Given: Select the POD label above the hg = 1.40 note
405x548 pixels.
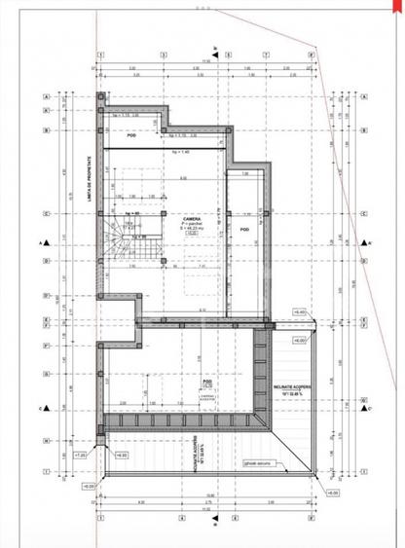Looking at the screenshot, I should [x=131, y=134].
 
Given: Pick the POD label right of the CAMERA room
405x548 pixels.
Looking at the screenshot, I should [x=244, y=227].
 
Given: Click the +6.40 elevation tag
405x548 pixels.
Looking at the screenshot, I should [x=299, y=311].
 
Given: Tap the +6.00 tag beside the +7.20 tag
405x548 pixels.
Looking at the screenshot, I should [x=121, y=454].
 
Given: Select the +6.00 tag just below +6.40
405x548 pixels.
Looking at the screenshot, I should [x=300, y=341].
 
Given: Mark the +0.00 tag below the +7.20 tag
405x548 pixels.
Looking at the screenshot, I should [x=89, y=484].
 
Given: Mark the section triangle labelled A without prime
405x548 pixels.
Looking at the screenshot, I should [x=41, y=243].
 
